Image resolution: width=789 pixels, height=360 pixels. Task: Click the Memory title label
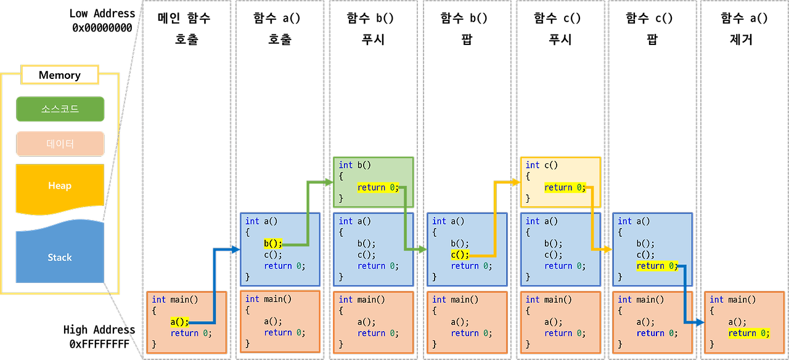pyautogui.click(x=60, y=75)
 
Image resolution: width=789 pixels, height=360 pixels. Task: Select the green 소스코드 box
pyautogui.click(x=60, y=109)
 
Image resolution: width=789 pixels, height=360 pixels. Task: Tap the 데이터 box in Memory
pyautogui.click(x=60, y=144)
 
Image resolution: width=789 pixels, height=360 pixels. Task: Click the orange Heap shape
pyautogui.click(x=60, y=186)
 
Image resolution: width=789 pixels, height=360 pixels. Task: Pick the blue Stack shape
pyautogui.click(x=60, y=257)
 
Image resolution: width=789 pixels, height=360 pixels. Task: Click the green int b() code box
pyautogui.click(x=373, y=182)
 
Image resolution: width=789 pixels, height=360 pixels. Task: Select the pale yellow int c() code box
pyautogui.click(x=560, y=182)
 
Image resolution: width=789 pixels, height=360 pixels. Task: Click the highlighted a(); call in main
pyautogui.click(x=179, y=322)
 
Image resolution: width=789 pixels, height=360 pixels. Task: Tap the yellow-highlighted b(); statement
pyautogui.click(x=272, y=243)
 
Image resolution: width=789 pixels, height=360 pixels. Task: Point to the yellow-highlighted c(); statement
pyautogui.click(x=459, y=255)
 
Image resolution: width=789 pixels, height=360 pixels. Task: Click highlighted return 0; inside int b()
pyautogui.click(x=378, y=187)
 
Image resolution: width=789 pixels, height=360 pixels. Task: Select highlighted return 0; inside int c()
pyautogui.click(x=565, y=187)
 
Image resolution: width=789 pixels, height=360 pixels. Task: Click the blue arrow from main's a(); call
pyautogui.click(x=213, y=284)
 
